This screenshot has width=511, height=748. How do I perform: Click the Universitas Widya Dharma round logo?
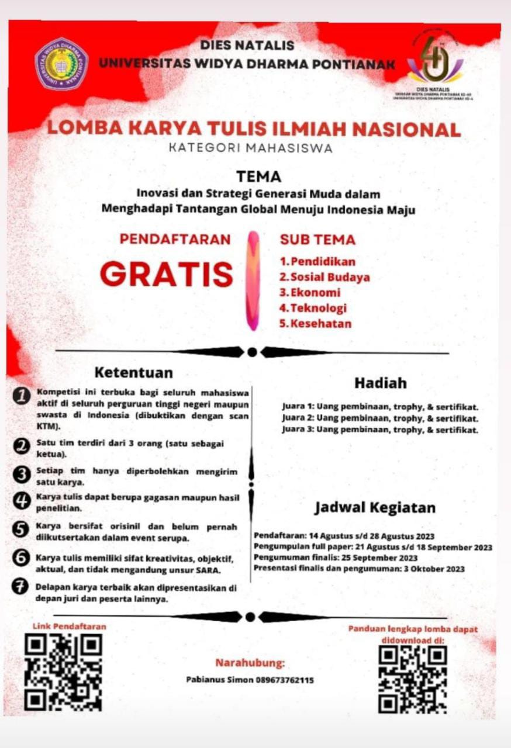tap(61, 64)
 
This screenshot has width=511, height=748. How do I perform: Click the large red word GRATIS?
tap(167, 273)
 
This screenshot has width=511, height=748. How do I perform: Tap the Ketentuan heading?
tap(134, 372)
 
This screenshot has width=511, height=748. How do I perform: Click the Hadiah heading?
tap(380, 383)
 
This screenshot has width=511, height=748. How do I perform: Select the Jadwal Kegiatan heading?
tap(375, 507)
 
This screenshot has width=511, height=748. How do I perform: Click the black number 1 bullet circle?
tap(22, 397)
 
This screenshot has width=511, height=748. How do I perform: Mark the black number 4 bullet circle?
tap(22, 501)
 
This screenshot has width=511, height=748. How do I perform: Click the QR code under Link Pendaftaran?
tap(63, 672)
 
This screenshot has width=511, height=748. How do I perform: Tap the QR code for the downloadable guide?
tap(413, 678)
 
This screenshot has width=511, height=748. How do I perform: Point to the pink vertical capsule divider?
tap(253, 280)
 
